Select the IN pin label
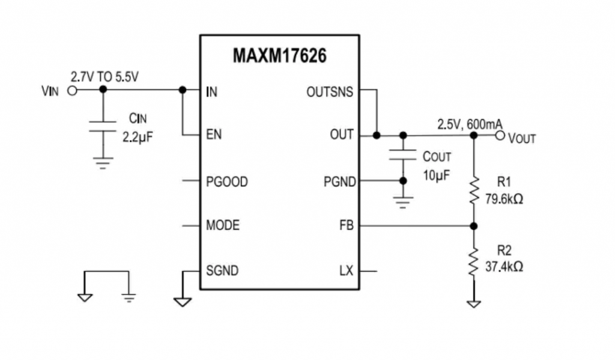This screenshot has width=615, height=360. pyautogui.click(x=211, y=92)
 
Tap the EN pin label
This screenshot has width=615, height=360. pyautogui.click(x=213, y=135)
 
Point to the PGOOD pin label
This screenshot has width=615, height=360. pyautogui.click(x=226, y=182)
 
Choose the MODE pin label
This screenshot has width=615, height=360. pyautogui.click(x=222, y=225)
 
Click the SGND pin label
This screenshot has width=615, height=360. pyautogui.click(x=222, y=271)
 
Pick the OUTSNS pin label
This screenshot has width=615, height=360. pyautogui.click(x=330, y=92)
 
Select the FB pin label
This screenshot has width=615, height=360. pyautogui.click(x=346, y=226)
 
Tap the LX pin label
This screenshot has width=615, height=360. pyautogui.click(x=347, y=271)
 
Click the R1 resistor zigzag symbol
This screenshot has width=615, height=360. pyautogui.click(x=474, y=189)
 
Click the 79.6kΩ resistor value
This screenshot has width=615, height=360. pyautogui.click(x=503, y=198)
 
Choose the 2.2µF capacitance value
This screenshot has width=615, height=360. pyautogui.click(x=138, y=137)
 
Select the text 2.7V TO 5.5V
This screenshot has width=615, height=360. pyautogui.click(x=105, y=77)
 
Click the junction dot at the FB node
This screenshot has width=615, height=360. pyautogui.click(x=474, y=226)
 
